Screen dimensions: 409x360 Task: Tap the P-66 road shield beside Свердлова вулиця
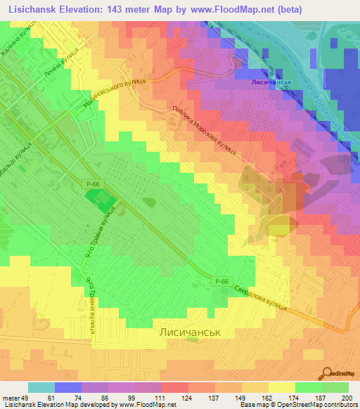tap(222, 282)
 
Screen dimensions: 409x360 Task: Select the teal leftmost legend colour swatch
tap(41, 387)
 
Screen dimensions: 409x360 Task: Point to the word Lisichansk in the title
tap(34, 10)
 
